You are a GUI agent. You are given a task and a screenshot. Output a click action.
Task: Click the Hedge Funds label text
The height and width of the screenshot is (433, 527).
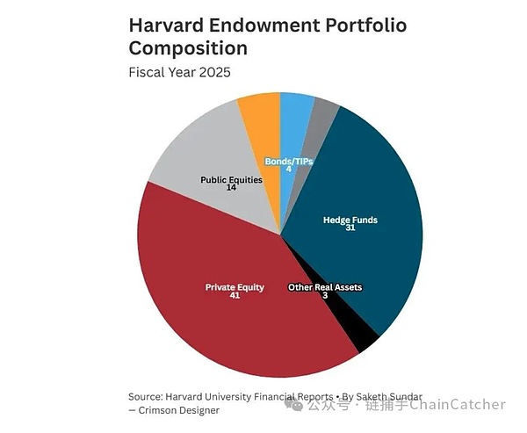point(350,220)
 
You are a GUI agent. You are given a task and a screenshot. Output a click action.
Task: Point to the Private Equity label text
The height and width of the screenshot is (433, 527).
point(235,287)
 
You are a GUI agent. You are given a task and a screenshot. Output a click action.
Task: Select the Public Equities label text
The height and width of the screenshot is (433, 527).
point(231,180)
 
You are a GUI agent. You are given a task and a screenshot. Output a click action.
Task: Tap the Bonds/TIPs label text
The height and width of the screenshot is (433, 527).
point(289,162)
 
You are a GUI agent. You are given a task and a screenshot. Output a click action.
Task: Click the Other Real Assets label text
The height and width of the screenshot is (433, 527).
point(325,287)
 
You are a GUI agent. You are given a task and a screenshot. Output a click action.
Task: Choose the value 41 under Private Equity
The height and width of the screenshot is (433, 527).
point(235,295)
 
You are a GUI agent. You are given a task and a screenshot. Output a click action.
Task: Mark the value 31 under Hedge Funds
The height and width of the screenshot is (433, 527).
point(350,228)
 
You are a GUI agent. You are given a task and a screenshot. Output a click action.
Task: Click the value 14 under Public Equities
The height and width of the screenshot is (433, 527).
point(231,188)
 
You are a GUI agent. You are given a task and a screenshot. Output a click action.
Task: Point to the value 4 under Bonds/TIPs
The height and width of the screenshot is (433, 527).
point(289,170)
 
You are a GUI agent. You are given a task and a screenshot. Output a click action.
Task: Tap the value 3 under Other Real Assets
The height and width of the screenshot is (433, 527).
point(325,295)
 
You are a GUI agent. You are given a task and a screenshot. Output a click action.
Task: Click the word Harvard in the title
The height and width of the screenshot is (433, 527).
point(166,25)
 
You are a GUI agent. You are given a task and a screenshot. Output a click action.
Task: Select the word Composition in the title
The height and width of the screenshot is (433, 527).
point(188,48)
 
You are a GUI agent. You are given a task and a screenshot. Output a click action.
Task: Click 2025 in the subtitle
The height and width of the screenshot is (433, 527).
point(215,72)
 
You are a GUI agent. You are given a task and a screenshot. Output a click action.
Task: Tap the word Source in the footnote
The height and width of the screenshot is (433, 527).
point(144,397)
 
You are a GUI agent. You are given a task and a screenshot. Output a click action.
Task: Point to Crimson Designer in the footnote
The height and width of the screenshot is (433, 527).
point(179,410)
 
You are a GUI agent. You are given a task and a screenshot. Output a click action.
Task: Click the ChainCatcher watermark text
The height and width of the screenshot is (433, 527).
point(457,404)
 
